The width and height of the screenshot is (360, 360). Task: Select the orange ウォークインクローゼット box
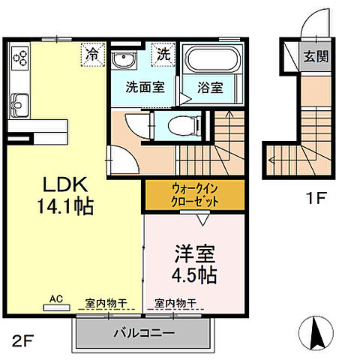point(194,196)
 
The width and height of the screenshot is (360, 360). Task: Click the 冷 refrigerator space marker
point(92,54)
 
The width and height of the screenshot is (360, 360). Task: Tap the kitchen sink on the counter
point(19,104)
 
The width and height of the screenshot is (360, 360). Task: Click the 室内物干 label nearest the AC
point(106,302)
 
